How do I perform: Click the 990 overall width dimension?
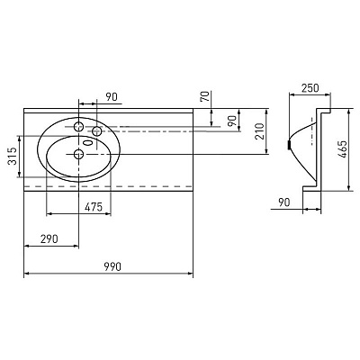click(112, 266)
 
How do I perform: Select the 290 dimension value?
click(49, 239)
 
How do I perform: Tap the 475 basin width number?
click(94, 207)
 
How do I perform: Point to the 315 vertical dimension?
click(12, 156)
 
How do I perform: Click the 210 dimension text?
click(259, 131)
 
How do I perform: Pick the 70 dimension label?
click(204, 96)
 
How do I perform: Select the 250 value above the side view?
click(310, 88)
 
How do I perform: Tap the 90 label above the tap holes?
click(112, 96)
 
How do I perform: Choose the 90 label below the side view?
click(284, 202)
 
